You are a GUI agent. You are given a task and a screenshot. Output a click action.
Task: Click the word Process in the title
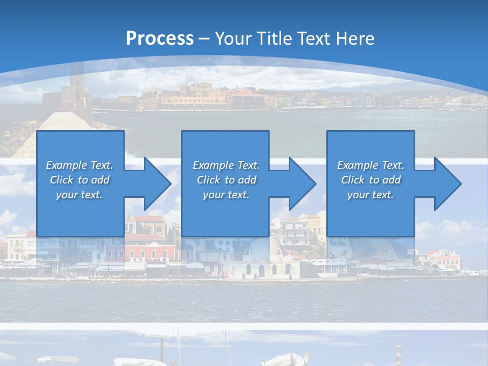[x=160, y=38]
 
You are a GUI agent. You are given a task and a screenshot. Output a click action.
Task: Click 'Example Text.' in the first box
[x=79, y=165]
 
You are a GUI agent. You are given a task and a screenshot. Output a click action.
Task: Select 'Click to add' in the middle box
[x=226, y=180]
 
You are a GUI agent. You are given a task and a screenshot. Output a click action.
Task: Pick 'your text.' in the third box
[x=370, y=195]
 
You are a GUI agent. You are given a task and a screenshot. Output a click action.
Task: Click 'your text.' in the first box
[x=79, y=195]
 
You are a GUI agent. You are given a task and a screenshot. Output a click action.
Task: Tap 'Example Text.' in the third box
[x=370, y=165]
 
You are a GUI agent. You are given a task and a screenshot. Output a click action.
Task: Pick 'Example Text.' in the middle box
[x=226, y=165]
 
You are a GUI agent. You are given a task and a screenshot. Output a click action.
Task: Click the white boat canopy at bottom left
[x=57, y=359]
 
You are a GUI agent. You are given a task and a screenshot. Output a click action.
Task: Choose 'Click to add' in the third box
[x=370, y=180]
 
